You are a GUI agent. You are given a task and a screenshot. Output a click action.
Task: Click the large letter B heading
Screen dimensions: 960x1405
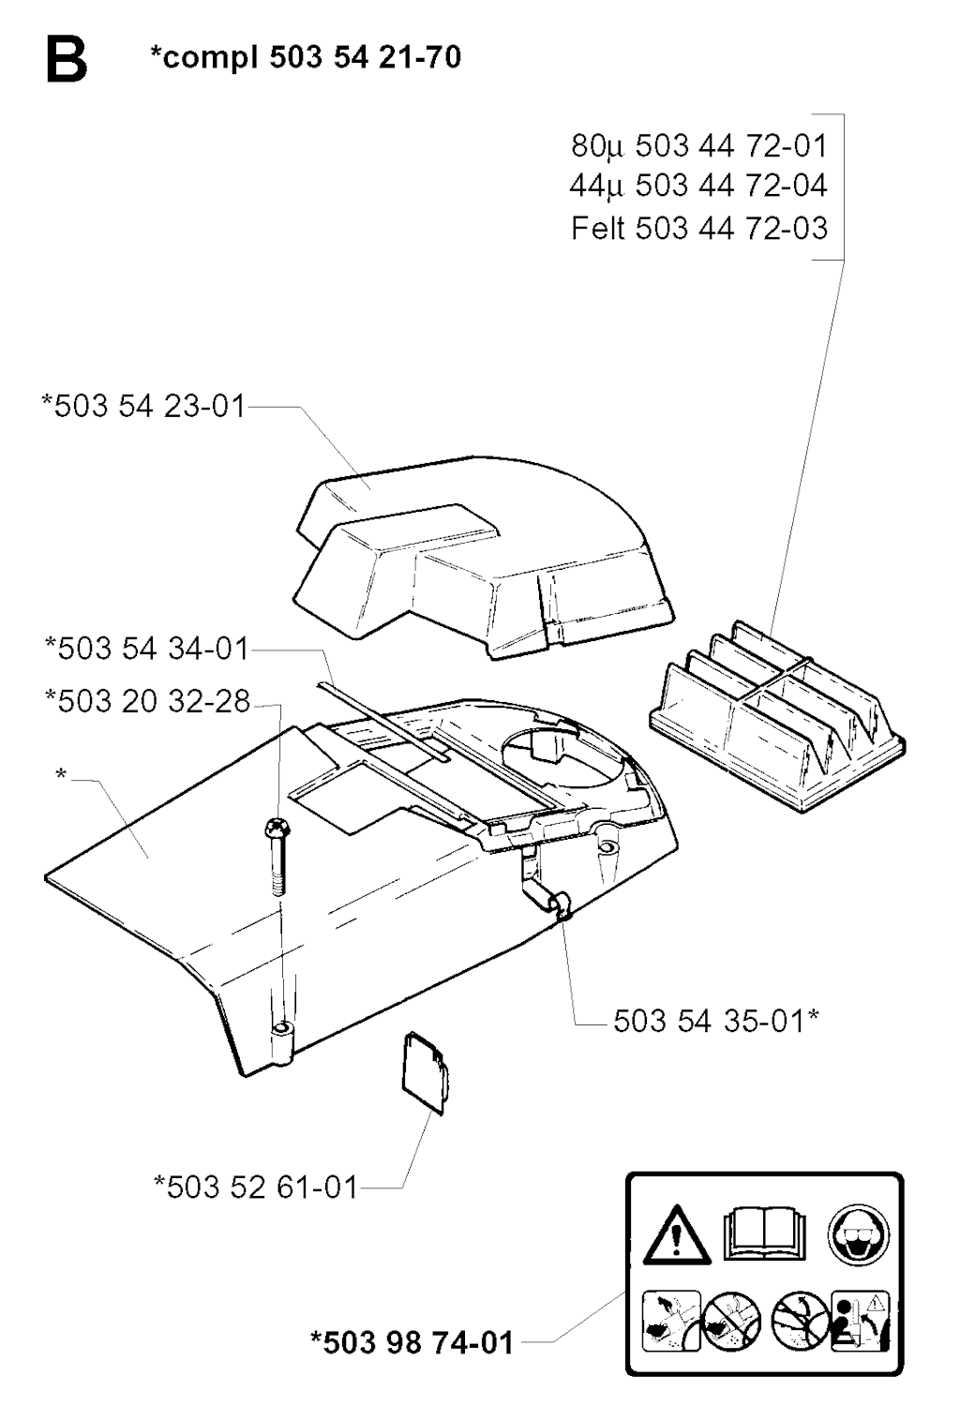tap(67, 59)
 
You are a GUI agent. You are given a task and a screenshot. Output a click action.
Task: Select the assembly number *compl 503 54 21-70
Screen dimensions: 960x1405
tap(306, 57)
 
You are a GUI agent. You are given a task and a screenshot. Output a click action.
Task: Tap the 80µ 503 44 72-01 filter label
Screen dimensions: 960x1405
tap(699, 147)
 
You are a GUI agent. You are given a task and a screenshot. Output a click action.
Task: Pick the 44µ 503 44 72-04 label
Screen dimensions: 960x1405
tap(698, 187)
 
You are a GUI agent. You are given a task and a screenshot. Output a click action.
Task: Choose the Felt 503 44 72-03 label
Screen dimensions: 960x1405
tap(699, 229)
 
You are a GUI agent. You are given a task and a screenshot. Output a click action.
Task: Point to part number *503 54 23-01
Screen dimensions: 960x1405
tap(143, 406)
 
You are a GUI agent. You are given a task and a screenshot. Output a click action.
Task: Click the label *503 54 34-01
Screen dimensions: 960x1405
tap(147, 648)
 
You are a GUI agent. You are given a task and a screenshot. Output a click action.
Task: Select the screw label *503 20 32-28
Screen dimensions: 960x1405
tap(147, 700)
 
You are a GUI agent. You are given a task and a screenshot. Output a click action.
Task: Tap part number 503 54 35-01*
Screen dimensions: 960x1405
tap(716, 1021)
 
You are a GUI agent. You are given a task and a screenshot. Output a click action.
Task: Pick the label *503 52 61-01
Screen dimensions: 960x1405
tap(256, 1188)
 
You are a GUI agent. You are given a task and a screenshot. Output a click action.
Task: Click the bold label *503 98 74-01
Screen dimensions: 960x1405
tap(412, 1342)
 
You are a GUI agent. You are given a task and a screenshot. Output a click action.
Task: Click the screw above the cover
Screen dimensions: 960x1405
tap(276, 856)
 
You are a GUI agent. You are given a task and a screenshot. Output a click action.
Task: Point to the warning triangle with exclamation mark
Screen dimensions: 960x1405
tap(676, 1241)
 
